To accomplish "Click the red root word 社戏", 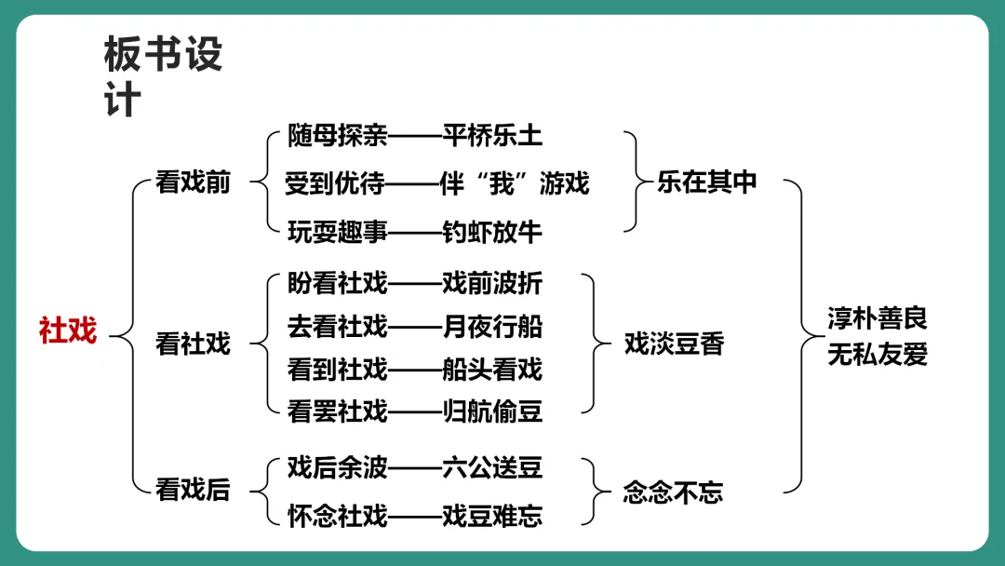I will click(68, 330).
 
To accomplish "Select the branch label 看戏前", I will click(193, 182).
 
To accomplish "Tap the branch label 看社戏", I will click(193, 344).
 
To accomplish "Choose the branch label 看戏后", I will click(193, 490).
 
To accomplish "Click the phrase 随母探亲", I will click(337, 136).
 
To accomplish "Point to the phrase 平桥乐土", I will click(492, 136).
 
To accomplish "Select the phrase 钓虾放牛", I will click(492, 231).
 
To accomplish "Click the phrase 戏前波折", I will click(492, 281).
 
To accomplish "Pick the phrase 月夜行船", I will click(492, 326).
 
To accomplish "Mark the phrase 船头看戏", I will click(492, 370).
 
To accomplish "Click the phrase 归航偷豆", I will click(492, 411).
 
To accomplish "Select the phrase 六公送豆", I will click(492, 466).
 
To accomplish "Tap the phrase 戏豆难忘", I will click(492, 515).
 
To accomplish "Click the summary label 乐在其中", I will click(707, 182).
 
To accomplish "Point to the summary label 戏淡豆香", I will click(674, 344).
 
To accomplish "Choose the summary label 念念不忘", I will click(673, 492).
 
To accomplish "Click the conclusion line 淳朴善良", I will click(878, 319).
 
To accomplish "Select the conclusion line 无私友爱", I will click(878, 355).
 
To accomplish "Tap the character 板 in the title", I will click(122, 56).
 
